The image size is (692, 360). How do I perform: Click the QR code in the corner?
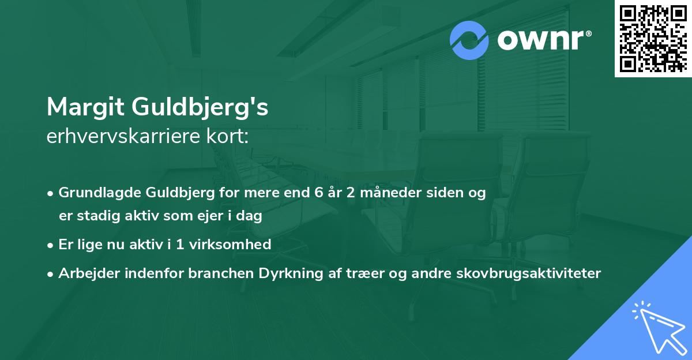tap(653, 39)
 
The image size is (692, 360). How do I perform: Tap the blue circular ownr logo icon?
tap(469, 40)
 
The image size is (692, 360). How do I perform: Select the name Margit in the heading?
tap(85, 107)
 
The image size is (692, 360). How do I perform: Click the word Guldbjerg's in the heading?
tap(200, 108)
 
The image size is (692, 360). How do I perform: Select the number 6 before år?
tap(318, 193)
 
